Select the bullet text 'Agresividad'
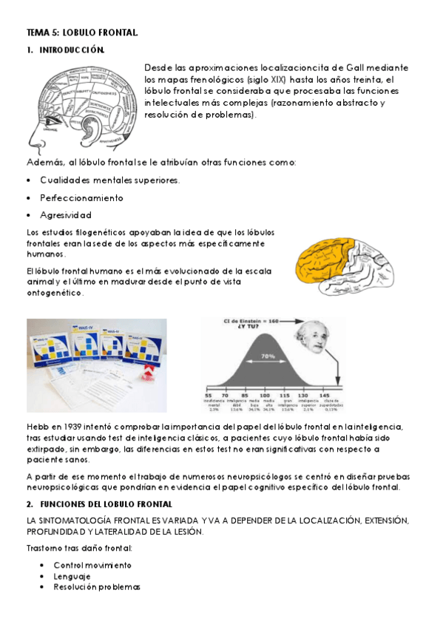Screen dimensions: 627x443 [x=66, y=215]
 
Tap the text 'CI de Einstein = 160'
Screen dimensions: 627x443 [x=257, y=322]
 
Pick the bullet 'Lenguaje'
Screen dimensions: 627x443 [x=72, y=576]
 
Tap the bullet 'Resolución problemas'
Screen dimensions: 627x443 [x=97, y=587]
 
